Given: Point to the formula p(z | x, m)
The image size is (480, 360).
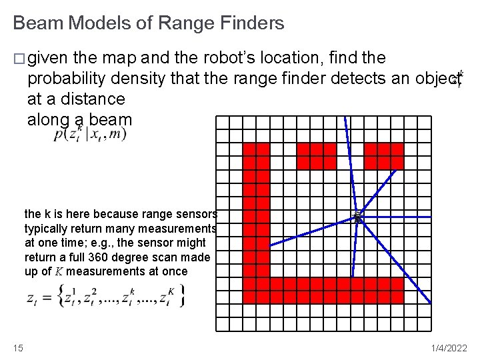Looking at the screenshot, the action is [x=90, y=135].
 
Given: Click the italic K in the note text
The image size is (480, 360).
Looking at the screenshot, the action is [x=59, y=272].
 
